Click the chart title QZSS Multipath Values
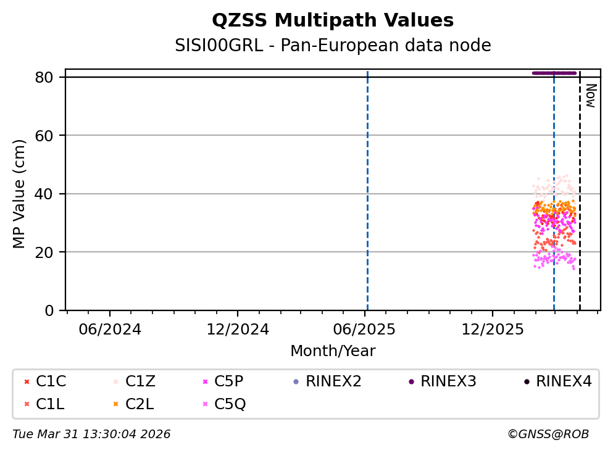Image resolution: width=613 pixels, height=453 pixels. pyautogui.click(x=333, y=20)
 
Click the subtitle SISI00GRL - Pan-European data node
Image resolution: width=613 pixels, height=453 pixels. pyautogui.click(x=333, y=46)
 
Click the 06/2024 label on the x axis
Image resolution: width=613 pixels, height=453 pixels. pyautogui.click(x=110, y=329)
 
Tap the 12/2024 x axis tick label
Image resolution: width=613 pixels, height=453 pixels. pyautogui.click(x=238, y=329)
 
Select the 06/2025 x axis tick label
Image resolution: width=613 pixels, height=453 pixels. pyautogui.click(x=364, y=329)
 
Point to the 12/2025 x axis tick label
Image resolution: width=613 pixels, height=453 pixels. pyautogui.click(x=492, y=329)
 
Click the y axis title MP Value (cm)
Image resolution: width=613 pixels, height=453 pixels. pyautogui.click(x=20, y=194)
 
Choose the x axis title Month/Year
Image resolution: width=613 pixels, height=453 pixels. pyautogui.click(x=333, y=351)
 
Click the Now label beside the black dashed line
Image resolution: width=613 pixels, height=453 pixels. pyautogui.click(x=590, y=96)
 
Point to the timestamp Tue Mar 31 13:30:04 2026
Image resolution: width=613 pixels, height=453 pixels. pyautogui.click(x=91, y=434)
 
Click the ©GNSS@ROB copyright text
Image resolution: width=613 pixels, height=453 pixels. pyautogui.click(x=548, y=434)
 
